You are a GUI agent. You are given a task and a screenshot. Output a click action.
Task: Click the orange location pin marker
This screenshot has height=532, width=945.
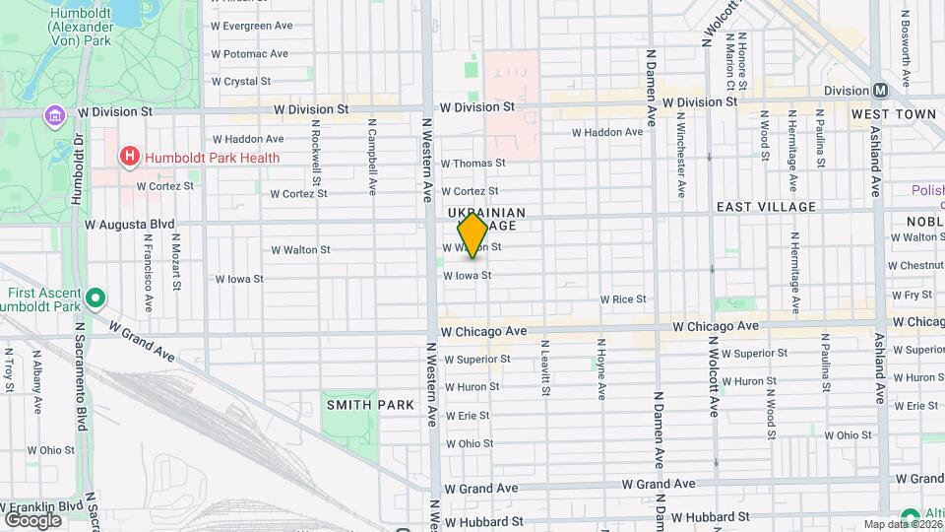click(x=473, y=235)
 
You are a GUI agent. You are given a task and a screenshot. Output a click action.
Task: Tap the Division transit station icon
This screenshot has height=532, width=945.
click(x=880, y=90)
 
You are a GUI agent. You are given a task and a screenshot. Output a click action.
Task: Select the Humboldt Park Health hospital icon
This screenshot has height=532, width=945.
click(x=128, y=157)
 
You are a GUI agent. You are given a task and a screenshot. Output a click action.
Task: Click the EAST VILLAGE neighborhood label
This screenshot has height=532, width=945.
click(x=766, y=207)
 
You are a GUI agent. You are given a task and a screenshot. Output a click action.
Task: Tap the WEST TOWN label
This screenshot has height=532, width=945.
click(x=894, y=114)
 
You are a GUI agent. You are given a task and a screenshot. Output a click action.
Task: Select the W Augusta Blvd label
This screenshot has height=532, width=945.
click(x=129, y=225)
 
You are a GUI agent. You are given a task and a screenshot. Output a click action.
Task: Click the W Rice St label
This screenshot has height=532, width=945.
click(x=623, y=299)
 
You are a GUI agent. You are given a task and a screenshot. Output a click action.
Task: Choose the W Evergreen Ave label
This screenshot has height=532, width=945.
click(x=252, y=25)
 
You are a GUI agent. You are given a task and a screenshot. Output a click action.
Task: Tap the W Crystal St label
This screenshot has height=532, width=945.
click(x=240, y=82)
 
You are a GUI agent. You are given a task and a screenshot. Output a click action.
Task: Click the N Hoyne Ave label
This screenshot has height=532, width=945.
click(x=600, y=368)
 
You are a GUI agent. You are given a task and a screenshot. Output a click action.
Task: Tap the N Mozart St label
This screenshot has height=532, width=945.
click(x=176, y=261)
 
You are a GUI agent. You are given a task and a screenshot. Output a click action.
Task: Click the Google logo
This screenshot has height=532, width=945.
click(x=32, y=519)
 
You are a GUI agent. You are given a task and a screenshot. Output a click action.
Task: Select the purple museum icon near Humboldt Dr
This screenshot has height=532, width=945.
click(x=55, y=117)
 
